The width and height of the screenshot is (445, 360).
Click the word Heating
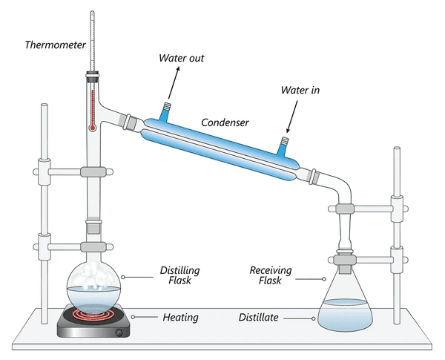[x=180, y=318]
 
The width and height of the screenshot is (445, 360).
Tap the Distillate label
[x=258, y=318]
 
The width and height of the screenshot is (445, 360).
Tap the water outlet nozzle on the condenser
[x=165, y=111]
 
